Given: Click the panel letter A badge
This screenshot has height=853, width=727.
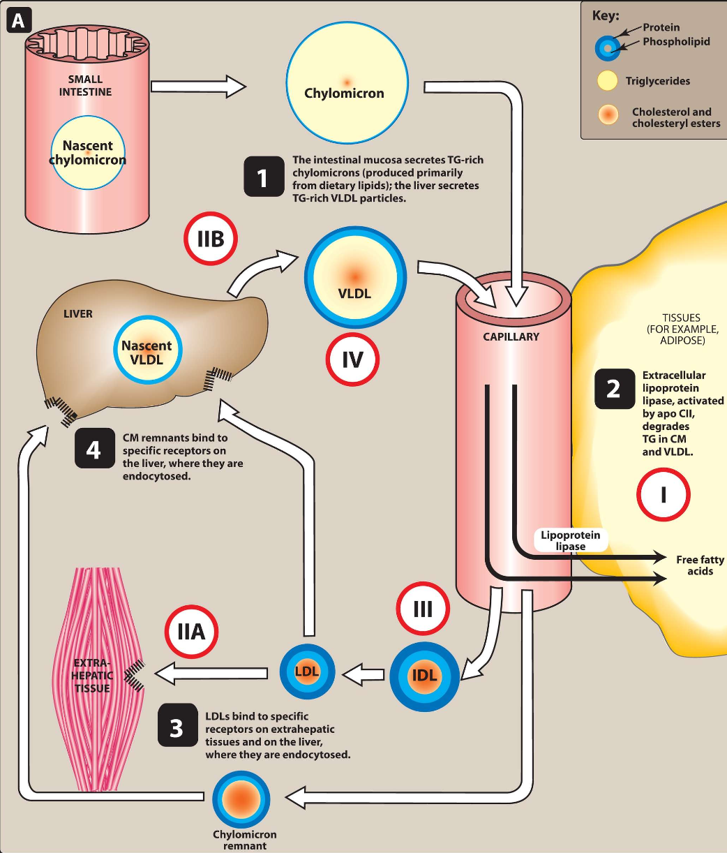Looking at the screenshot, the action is pyautogui.click(x=19, y=21).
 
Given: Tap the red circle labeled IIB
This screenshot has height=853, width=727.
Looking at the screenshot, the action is pyautogui.click(x=211, y=239).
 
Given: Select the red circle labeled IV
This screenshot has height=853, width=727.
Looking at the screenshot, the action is pyautogui.click(x=352, y=359).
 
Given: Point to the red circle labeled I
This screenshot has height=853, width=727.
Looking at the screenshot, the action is pyautogui.click(x=664, y=494).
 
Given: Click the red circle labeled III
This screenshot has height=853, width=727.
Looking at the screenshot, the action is pyautogui.click(x=423, y=609).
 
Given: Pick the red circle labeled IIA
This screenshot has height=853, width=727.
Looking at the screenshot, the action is pyautogui.click(x=191, y=632).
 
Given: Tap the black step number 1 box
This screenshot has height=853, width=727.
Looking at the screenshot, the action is pyautogui.click(x=264, y=177).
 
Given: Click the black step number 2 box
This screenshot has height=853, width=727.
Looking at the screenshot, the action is pyautogui.click(x=615, y=389).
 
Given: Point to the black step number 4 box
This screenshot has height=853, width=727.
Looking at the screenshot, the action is pyautogui.click(x=95, y=448).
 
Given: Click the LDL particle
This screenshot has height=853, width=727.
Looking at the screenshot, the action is pyautogui.click(x=307, y=672).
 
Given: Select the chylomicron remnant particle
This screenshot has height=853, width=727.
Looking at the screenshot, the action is pyautogui.click(x=241, y=799).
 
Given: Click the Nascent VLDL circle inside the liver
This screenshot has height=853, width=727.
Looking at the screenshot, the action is pyautogui.click(x=148, y=350).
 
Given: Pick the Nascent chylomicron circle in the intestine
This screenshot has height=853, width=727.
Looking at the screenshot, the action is pyautogui.click(x=88, y=153).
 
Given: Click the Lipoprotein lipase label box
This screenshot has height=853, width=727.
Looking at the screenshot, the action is pyautogui.click(x=571, y=540).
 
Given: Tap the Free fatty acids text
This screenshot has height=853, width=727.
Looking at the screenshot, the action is pyautogui.click(x=700, y=565).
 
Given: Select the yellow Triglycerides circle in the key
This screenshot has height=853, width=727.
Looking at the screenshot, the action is pyautogui.click(x=608, y=80).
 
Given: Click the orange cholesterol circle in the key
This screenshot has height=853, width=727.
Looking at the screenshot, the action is pyautogui.click(x=608, y=114).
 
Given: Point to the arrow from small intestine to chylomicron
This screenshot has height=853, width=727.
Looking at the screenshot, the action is pyautogui.click(x=199, y=87).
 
